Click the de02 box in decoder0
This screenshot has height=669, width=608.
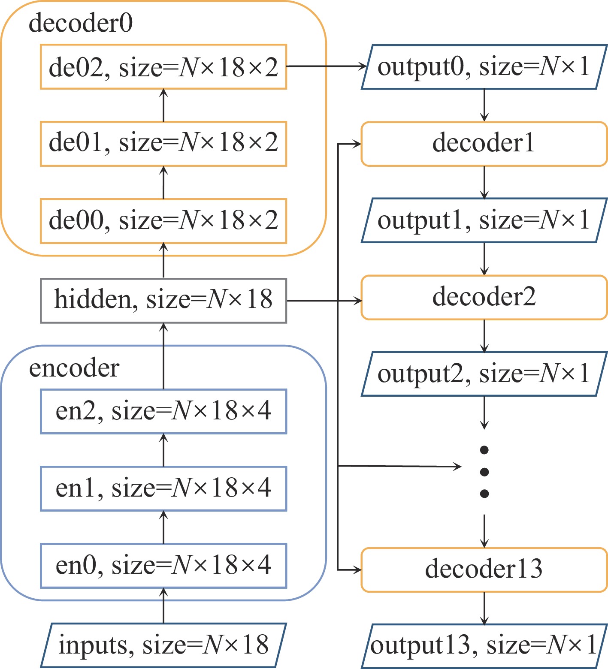(x=163, y=67)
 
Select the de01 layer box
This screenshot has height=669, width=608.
(x=163, y=144)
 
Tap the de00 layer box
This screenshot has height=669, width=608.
(x=163, y=221)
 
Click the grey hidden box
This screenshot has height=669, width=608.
(x=163, y=301)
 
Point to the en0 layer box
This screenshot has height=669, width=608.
(x=163, y=566)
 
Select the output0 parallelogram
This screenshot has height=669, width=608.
(x=484, y=67)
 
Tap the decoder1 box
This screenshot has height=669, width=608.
(x=484, y=144)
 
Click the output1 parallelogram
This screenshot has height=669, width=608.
(x=484, y=220)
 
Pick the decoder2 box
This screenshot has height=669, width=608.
(x=484, y=297)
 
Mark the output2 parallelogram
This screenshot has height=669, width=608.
(x=484, y=374)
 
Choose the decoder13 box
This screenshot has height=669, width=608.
(x=484, y=570)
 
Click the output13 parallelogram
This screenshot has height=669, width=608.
(x=484, y=646)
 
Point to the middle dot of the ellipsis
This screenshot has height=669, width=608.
(x=484, y=472)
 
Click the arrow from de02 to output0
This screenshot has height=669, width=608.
(x=326, y=66)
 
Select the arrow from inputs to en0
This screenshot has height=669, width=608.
(x=163, y=606)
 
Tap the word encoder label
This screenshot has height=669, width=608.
(x=74, y=368)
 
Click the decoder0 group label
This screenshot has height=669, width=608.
(x=81, y=23)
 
